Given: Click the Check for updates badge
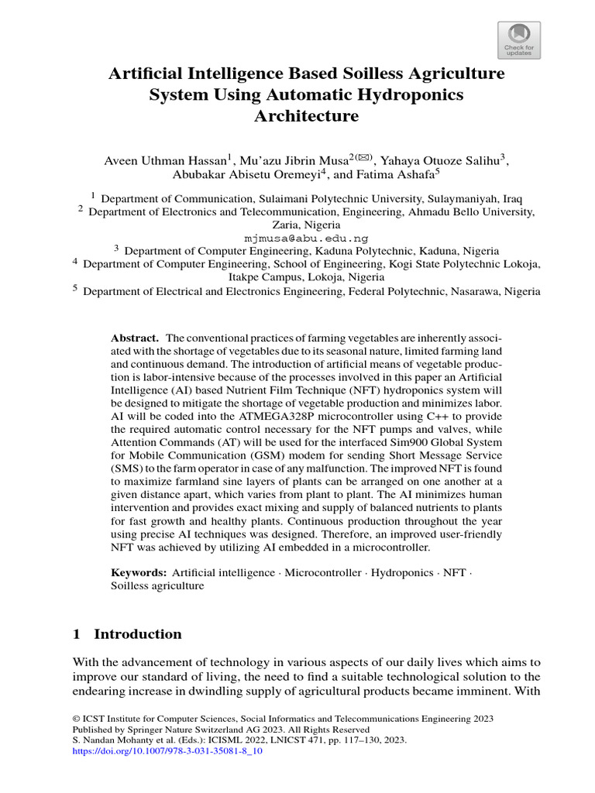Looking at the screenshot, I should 518,39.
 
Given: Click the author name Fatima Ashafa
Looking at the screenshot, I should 390,175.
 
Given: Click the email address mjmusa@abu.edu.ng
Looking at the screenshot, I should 306,238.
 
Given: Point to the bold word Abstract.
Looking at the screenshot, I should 135,338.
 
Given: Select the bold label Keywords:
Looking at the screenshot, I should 139,572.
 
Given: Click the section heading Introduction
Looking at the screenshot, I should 137,634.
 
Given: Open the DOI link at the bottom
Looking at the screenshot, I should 167,750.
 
